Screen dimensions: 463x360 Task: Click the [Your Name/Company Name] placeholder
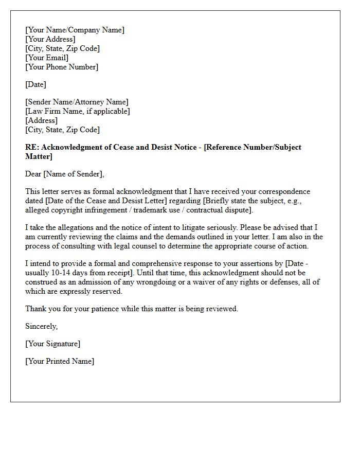coord(75,30)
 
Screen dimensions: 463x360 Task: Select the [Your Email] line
coord(47,58)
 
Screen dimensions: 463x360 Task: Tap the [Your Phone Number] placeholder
coord(62,67)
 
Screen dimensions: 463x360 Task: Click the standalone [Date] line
coord(35,84)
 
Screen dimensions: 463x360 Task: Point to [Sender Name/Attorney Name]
coord(77,102)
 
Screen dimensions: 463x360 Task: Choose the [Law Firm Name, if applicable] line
coord(78,111)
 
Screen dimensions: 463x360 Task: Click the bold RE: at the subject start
coord(32,147)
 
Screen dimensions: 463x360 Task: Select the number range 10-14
coord(62,273)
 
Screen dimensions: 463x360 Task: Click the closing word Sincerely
coord(41,326)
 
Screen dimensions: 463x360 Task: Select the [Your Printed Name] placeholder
coord(60,361)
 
